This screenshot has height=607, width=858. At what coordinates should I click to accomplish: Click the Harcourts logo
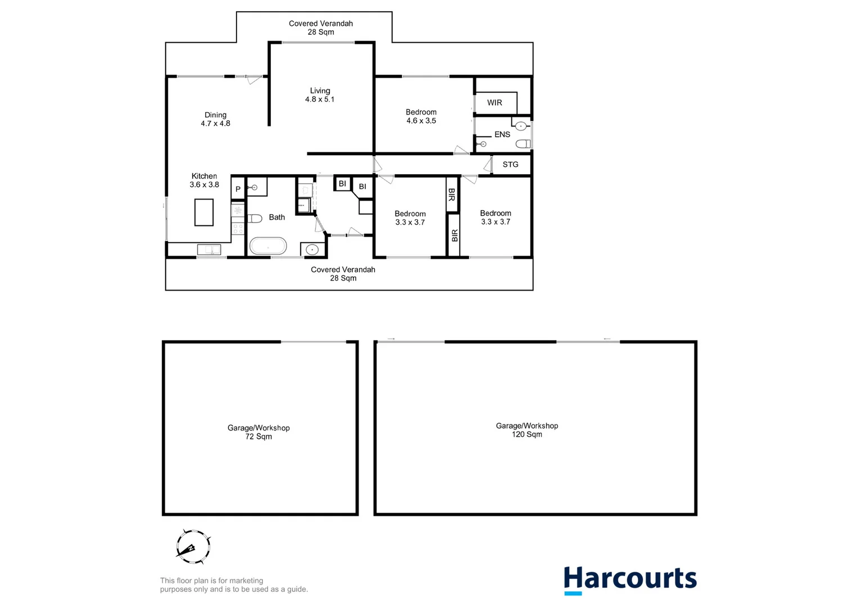[x=630, y=579]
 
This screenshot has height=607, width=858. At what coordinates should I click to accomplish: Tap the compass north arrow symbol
[x=193, y=546]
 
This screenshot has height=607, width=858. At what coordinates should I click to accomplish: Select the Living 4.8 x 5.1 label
[x=320, y=95]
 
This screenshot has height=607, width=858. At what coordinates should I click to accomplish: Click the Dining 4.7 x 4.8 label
[x=215, y=119]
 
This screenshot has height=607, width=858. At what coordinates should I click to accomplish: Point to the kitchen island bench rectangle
[x=204, y=212]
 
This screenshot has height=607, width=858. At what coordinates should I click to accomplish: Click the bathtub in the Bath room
[x=268, y=246]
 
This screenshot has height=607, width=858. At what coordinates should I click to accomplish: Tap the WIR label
[x=494, y=103]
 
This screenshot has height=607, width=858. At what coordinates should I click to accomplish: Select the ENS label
[x=502, y=134]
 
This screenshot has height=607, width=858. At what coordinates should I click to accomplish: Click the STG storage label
[x=510, y=165]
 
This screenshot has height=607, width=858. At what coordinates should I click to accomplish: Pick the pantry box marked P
[x=238, y=189]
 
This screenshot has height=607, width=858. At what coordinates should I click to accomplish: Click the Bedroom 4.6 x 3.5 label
[x=421, y=116]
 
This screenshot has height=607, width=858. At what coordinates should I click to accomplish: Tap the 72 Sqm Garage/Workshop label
[x=258, y=432]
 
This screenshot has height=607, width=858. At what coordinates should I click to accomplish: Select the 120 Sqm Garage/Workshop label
[x=526, y=430]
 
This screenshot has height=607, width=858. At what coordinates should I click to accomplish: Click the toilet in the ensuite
[x=523, y=144]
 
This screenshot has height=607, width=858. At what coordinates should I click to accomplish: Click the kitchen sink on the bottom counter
[x=208, y=250]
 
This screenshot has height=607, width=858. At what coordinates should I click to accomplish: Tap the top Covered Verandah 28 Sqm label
[x=321, y=28]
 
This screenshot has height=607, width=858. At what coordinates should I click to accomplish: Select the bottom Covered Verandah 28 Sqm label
[x=343, y=274]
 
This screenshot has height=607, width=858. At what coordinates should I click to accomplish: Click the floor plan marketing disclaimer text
[x=234, y=585]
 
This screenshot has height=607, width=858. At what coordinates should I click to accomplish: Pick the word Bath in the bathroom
[x=276, y=218]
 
